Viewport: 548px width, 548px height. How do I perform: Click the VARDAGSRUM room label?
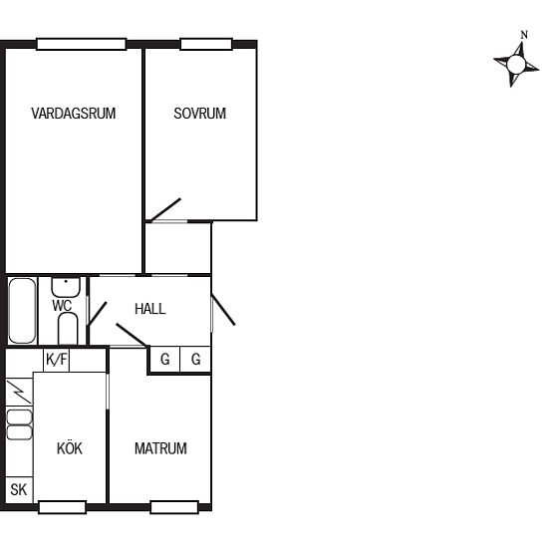click(x=74, y=114)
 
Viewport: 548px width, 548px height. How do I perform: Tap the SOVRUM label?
click(x=200, y=114)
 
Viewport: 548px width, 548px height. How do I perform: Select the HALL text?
click(x=149, y=309)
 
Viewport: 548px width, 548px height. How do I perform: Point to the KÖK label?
click(x=70, y=448)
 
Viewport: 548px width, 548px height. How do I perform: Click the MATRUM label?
click(x=160, y=448)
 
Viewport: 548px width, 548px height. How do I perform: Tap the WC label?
click(x=62, y=306)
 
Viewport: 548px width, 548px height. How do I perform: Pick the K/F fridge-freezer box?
click(x=57, y=360)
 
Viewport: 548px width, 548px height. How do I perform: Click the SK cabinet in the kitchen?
click(x=19, y=489)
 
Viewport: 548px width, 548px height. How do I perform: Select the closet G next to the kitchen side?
click(x=165, y=360)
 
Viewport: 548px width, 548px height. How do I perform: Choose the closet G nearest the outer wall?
click(x=195, y=360)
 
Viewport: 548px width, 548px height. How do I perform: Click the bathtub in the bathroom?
click(x=22, y=310)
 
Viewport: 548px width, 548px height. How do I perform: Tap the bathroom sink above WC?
click(x=66, y=287)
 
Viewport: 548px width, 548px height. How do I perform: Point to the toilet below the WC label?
click(x=68, y=329)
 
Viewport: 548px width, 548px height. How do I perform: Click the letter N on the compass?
click(x=524, y=35)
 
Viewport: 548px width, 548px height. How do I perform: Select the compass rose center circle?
click(x=516, y=65)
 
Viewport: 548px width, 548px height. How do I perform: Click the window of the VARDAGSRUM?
click(x=82, y=45)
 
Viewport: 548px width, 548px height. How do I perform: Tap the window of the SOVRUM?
click(x=206, y=45)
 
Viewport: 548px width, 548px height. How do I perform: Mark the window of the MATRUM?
click(x=174, y=507)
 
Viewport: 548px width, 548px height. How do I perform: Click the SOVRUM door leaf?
click(x=165, y=209)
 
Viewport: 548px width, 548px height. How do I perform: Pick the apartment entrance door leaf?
click(x=223, y=310)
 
